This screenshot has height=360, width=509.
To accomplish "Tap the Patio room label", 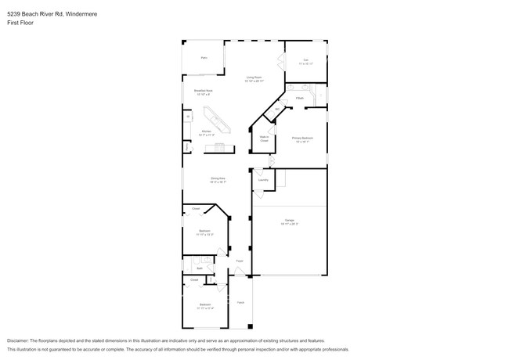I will click(204, 58).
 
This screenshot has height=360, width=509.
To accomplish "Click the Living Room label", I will click(254, 77).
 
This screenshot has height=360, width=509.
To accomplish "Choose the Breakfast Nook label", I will click(204, 91).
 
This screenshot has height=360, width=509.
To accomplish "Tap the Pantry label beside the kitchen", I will click(186, 146).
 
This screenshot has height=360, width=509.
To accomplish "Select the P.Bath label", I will click(300, 98).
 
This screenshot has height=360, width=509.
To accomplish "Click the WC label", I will click(276, 109).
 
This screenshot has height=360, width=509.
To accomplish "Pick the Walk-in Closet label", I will click(264, 139).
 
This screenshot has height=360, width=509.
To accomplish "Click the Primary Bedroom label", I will click(301, 138).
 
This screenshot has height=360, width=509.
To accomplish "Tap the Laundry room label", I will click(263, 180).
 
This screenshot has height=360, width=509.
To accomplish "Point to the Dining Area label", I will click(218, 178).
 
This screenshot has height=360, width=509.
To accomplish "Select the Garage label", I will click(288, 221).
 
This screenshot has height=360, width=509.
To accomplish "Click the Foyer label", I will click(240, 261).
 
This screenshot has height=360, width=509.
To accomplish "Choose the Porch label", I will click(240, 301).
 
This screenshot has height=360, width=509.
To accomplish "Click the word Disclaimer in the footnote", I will click(20, 341).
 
